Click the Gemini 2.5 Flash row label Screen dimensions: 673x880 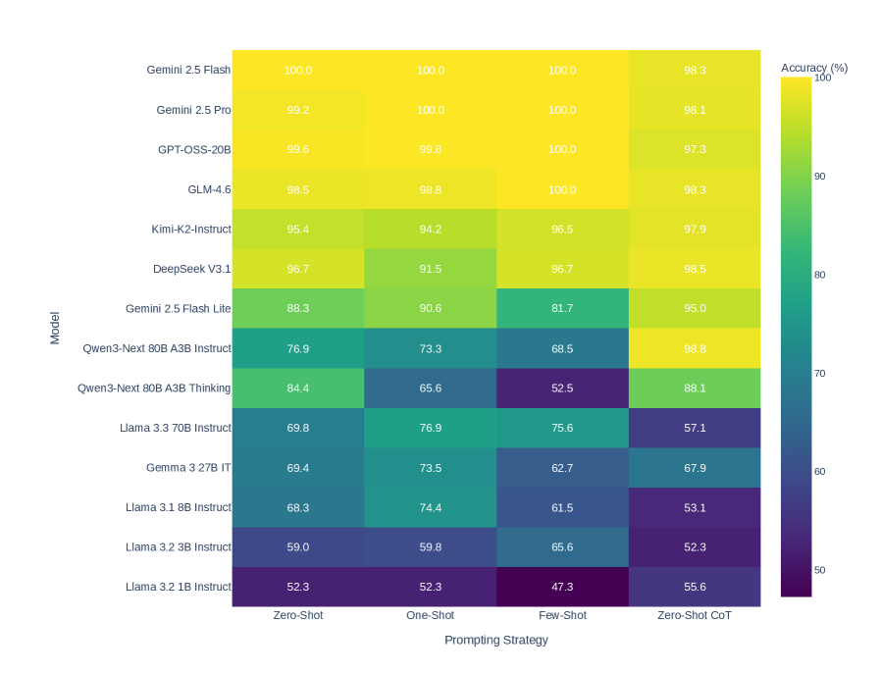click(188, 70)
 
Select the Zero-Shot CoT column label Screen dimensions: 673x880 click(695, 615)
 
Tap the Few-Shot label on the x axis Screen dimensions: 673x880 click(562, 615)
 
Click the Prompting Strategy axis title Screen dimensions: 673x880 click(495, 640)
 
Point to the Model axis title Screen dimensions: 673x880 click(55, 328)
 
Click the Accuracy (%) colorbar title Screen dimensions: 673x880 click(814, 68)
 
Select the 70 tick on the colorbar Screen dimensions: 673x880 click(819, 373)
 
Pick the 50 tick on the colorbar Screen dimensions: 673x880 click(819, 570)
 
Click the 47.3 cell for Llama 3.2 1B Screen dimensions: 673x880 click(562, 587)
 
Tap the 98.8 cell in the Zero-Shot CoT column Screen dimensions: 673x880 click(695, 348)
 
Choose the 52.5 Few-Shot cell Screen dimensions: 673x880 click(562, 388)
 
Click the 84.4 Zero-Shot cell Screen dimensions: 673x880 click(298, 388)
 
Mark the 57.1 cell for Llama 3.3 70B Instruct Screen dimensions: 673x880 click(695, 428)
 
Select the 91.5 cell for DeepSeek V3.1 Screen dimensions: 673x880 click(430, 269)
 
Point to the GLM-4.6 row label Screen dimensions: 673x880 click(209, 189)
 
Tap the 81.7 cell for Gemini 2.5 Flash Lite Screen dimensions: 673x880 click(562, 308)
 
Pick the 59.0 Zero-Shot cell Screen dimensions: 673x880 click(298, 546)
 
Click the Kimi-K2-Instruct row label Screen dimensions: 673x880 click(191, 229)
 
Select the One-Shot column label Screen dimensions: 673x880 click(430, 615)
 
